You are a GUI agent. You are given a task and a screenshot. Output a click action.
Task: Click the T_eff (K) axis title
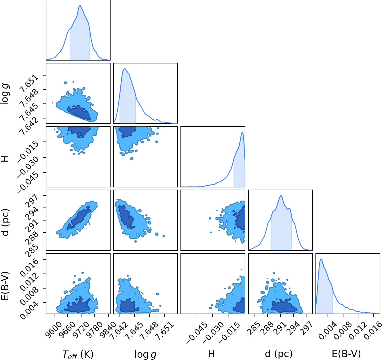click(x=78, y=354)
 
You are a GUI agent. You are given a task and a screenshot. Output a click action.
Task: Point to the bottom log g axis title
click(x=145, y=355)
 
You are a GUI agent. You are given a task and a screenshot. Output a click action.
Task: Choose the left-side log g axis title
click(x=5, y=94)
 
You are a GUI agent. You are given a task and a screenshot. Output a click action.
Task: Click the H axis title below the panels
click(x=211, y=354)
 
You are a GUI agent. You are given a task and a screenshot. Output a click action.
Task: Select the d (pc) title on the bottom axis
click(x=279, y=354)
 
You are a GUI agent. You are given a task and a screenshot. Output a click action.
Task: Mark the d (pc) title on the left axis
click(x=5, y=222)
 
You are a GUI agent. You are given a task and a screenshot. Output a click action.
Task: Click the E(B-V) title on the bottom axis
click(x=346, y=354)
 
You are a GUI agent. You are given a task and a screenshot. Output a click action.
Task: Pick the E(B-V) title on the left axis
click(x=5, y=286)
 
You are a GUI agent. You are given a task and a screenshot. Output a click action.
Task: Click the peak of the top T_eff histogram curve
click(x=80, y=5)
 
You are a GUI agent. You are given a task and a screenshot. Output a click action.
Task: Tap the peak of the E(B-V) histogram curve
click(x=321, y=259)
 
